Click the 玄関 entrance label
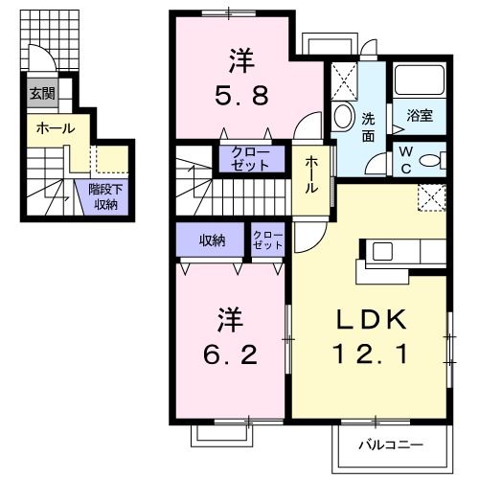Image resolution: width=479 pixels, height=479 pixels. (x=41, y=94)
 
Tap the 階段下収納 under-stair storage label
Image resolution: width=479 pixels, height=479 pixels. (x=105, y=196)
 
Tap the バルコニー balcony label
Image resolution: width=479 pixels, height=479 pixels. (x=391, y=445)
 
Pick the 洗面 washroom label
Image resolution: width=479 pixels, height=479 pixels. (x=369, y=128)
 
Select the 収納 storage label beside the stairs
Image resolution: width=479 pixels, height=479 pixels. (x=212, y=240)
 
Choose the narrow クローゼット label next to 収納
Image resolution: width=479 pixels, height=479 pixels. (x=267, y=240)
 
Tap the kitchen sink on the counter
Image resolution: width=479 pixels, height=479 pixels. (x=381, y=252)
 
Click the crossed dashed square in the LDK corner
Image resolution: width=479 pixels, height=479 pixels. (x=432, y=197)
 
